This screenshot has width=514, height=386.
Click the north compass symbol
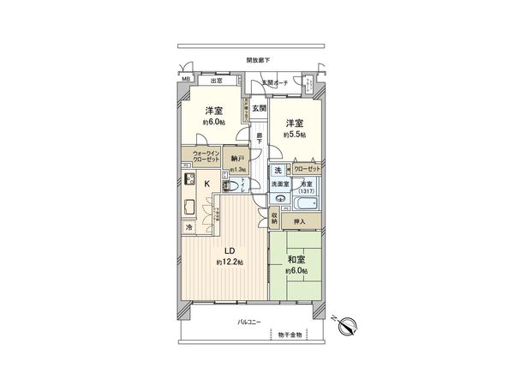[x=348, y=325]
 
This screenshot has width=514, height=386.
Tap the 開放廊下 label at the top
[x=258, y=60]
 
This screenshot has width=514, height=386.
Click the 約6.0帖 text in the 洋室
[x=213, y=123]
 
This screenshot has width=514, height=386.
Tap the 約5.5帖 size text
[x=296, y=135]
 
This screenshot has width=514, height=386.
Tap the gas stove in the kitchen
[x=188, y=180]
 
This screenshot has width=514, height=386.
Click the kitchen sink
[x=188, y=207]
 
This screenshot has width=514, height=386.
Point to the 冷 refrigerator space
[x=188, y=228]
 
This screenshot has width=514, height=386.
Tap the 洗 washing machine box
[x=278, y=169]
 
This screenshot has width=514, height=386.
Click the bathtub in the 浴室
[x=304, y=205]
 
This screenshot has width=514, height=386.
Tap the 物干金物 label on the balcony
[x=290, y=335]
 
